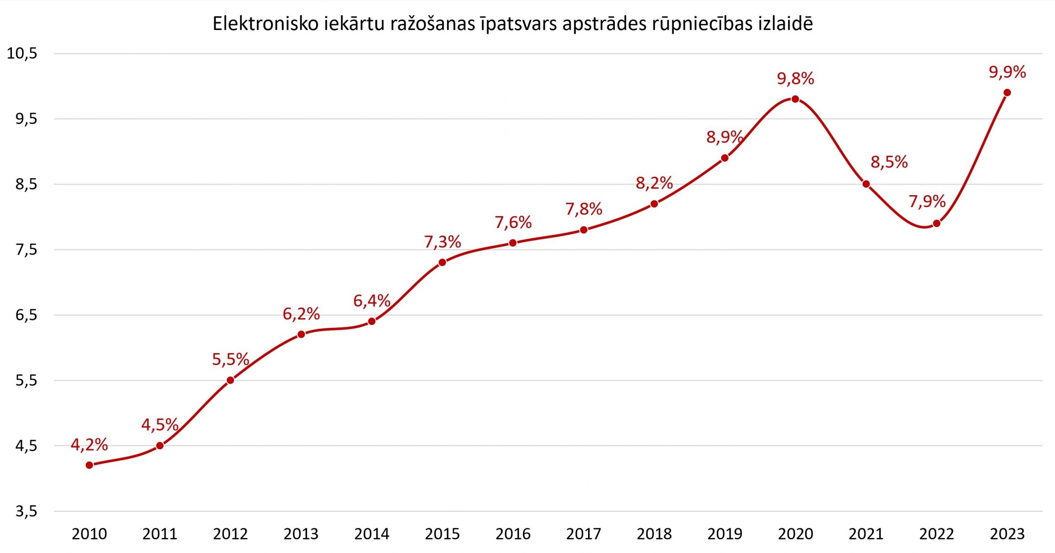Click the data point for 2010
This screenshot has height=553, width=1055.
pos(89,465)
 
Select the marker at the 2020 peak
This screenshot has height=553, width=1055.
pos(795,99)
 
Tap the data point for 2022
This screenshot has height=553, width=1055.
pos(937,224)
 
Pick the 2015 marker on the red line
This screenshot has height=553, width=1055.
pos(442,262)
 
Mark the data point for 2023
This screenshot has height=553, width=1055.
pos(1007,93)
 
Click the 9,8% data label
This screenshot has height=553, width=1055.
pos(795,79)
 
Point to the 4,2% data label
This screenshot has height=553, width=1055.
pos(89,445)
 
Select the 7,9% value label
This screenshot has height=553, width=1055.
pos(927,201)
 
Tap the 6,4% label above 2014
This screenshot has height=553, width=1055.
pos(372,301)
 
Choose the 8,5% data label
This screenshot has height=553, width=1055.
pos(889,162)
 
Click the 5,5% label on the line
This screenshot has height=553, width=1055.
pos(230,359)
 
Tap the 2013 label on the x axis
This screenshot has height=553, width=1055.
pos(301,534)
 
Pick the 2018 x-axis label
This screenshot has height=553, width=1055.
pos(654,534)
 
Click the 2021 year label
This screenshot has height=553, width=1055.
pos(866,534)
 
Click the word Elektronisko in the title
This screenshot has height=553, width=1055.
pos(266,24)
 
